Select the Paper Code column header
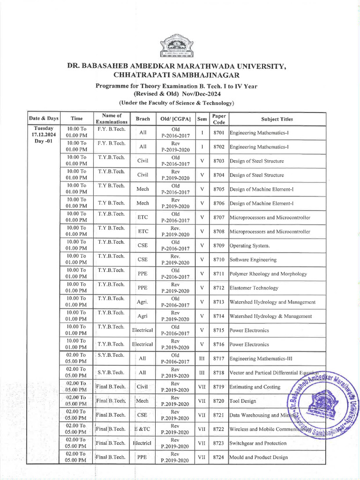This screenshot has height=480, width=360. coord(219,119)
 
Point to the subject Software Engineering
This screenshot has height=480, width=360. coord(253,260)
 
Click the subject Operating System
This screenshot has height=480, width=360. coord(250,246)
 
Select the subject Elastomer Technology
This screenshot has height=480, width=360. coord(254,288)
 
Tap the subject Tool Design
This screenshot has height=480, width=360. coord(243,401)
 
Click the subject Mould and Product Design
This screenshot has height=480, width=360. coord(259,457)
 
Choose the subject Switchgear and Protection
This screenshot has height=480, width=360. coord(258,443)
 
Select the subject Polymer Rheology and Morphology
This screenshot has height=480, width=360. coord(268,274)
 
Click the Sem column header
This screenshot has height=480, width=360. coord(202,119)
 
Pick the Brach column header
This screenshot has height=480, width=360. coord(142,119)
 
